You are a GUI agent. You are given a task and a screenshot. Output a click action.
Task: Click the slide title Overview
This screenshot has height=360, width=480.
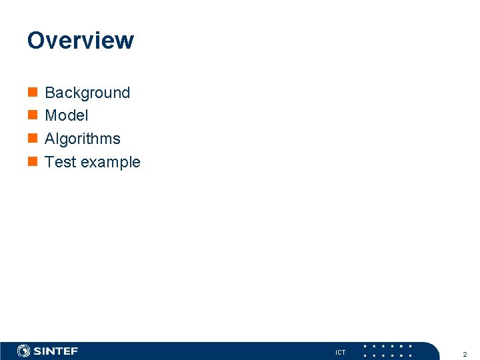(80, 41)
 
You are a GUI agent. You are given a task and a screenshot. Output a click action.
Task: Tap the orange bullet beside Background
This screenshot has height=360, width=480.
(32, 93)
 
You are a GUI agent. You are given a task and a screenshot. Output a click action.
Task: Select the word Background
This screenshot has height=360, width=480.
(87, 93)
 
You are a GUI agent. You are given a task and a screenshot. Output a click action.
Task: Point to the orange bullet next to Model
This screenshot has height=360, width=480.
(32, 115)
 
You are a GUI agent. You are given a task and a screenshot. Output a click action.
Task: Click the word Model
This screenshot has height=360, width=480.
(66, 115)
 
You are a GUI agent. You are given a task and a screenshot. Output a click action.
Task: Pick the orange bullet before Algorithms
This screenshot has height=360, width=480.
(32, 139)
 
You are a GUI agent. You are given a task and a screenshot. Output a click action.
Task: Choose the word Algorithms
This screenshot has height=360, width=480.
(83, 139)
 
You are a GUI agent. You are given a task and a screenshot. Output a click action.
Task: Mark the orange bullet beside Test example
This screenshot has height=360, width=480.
(32, 162)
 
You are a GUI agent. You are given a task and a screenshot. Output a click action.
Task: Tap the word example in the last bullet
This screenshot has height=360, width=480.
(111, 163)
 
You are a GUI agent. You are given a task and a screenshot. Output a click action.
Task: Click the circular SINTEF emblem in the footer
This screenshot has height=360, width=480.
(23, 351)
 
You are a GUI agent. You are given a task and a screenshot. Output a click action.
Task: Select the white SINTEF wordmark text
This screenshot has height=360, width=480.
(56, 351)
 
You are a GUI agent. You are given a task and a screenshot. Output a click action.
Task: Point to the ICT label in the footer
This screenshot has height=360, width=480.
(341, 352)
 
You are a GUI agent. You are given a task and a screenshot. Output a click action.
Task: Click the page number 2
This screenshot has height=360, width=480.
(465, 354)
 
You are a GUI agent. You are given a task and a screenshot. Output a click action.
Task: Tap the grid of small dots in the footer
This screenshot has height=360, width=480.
(387, 351)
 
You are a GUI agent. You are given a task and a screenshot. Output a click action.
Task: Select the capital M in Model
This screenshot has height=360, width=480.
(51, 115)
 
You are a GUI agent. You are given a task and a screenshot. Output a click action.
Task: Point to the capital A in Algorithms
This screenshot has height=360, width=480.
(50, 139)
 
